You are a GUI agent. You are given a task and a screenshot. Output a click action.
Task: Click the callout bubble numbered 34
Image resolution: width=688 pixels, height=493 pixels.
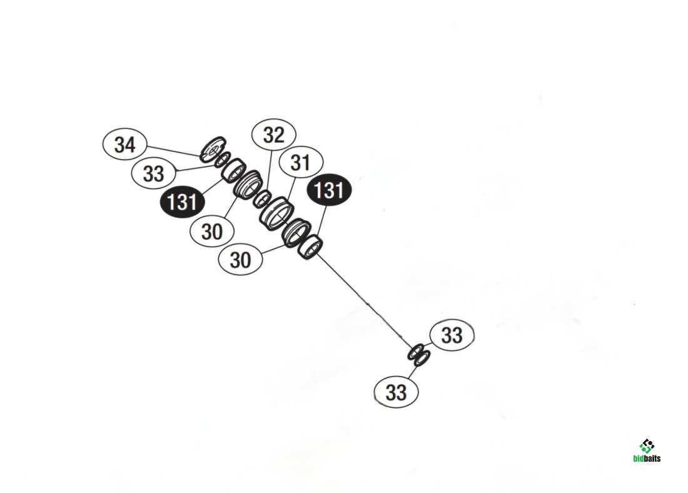point(124,145)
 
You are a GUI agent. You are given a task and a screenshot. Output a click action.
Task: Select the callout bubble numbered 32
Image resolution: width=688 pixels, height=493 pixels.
point(274,135)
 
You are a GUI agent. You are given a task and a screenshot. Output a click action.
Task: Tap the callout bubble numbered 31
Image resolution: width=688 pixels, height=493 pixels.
point(300,163)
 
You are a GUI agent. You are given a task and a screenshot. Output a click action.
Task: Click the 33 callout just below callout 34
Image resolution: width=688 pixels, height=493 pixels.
point(153,173)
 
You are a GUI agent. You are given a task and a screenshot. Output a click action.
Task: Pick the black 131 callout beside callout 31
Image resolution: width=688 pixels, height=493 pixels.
point(329,190)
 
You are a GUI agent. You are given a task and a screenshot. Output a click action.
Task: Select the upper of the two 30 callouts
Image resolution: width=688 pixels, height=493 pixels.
point(212,231)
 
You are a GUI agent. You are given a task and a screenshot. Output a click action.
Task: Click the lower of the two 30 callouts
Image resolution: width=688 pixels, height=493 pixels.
point(241,259)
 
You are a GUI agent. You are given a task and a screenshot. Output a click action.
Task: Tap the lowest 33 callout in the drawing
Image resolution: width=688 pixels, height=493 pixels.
point(396,392)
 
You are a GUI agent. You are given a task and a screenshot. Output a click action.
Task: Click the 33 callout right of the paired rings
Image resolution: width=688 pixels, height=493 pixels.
point(452,335)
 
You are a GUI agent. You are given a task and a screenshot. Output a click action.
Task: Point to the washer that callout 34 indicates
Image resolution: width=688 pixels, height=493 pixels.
point(211,149)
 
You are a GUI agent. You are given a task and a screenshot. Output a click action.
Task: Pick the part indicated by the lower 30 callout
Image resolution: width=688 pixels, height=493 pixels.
point(295,231)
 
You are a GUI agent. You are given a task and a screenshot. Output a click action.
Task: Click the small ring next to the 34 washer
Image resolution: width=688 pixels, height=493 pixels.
point(223,160)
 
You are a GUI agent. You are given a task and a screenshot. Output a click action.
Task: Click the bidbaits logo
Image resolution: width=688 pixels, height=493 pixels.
point(646,450)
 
